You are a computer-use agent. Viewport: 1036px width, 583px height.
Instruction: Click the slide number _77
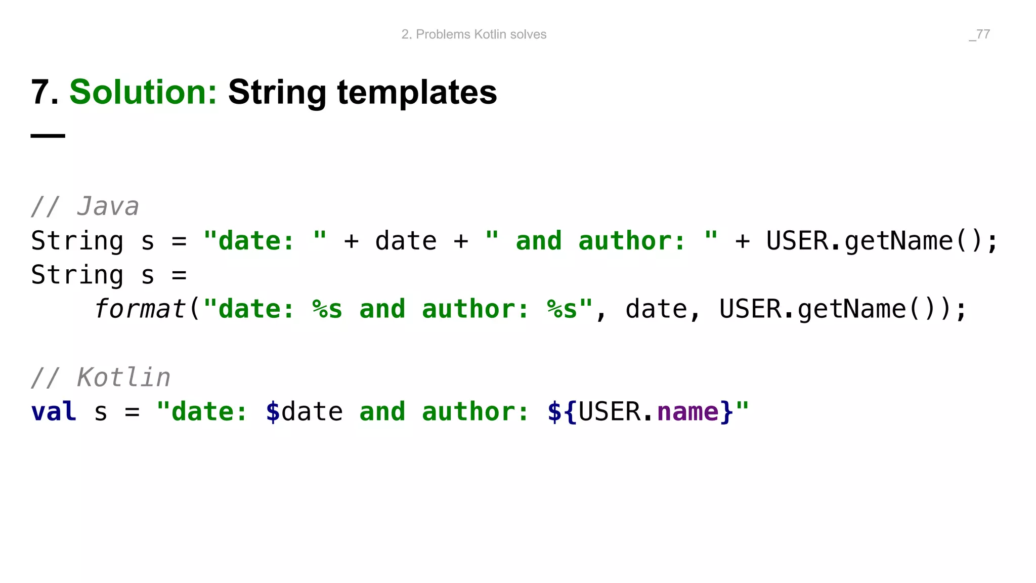979,34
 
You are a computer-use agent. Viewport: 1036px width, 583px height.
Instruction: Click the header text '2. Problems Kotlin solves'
473,34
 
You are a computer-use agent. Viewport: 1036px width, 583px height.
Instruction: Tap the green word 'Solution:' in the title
143,92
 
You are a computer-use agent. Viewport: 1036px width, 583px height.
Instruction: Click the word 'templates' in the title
417,92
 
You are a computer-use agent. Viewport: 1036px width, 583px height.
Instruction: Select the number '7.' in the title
45,92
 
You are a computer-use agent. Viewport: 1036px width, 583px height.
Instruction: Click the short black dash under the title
48,136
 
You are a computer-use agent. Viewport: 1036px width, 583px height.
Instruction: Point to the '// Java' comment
84,206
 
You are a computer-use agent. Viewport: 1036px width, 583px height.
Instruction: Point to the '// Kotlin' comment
100,378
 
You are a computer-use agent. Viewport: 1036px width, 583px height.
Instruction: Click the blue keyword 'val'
54,411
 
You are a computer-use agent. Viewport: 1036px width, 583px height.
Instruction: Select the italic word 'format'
140,309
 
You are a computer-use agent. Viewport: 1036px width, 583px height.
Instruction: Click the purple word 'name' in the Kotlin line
687,411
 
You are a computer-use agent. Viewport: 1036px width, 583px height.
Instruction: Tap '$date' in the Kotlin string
304,411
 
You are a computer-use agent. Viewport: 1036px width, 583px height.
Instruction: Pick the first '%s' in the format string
327,309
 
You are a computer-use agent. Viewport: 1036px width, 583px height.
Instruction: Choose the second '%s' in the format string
562,309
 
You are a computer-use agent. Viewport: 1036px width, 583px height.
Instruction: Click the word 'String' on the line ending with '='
77,275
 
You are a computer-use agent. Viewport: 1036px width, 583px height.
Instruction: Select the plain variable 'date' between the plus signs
406,241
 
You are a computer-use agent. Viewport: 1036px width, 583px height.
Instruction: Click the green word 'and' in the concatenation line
539,241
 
